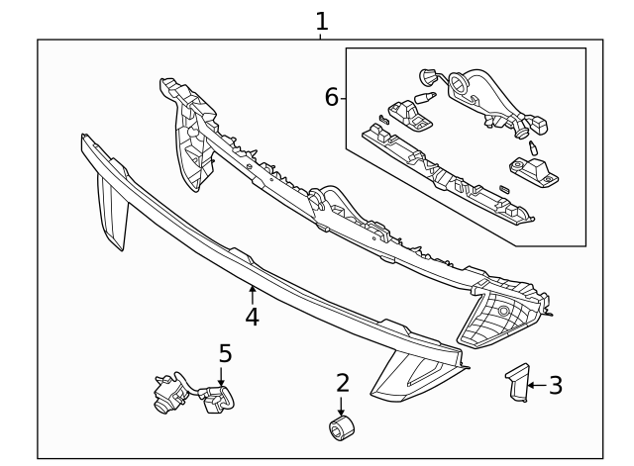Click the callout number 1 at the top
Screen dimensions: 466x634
[x=321, y=21]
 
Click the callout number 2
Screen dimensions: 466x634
[x=343, y=383]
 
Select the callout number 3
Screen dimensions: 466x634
[x=556, y=386]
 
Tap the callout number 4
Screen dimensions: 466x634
[x=253, y=317]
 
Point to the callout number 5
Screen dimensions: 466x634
[x=225, y=353]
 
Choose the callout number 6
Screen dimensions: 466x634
[x=332, y=97]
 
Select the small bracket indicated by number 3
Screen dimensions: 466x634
[x=516, y=383]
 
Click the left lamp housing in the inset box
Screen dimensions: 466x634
[x=408, y=116]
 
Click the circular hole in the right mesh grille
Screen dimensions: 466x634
[x=504, y=311]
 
